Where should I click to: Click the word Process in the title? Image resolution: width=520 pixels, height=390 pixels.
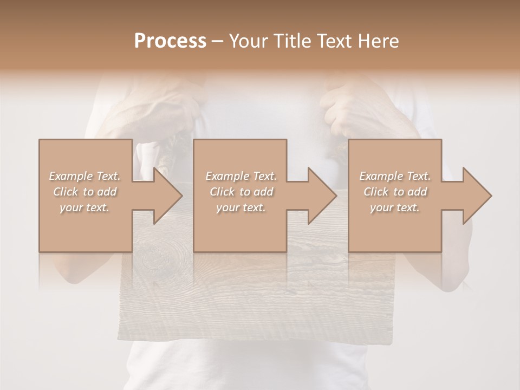coord(170,41)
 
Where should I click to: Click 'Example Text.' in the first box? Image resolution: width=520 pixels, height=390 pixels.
coord(84,176)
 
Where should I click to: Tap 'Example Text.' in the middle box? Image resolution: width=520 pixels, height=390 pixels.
coord(241,176)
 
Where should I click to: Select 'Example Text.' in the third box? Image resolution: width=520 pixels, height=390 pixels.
coord(395,176)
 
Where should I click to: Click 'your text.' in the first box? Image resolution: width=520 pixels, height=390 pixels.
coord(84,207)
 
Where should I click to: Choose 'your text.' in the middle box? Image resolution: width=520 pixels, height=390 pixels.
coord(241,207)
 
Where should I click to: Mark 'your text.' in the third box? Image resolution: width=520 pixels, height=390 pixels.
coord(395,207)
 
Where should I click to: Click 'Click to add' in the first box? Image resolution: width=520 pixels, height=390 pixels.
coord(84,192)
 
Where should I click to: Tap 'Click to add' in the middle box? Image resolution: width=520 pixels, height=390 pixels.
coord(241,192)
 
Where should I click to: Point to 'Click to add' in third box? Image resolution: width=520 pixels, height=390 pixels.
coord(395,192)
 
